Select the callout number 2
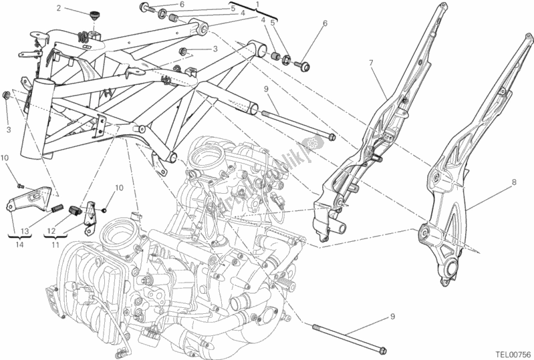(x=59, y=9)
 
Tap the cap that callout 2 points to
(x=92, y=14)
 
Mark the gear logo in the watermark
(x=311, y=144)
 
